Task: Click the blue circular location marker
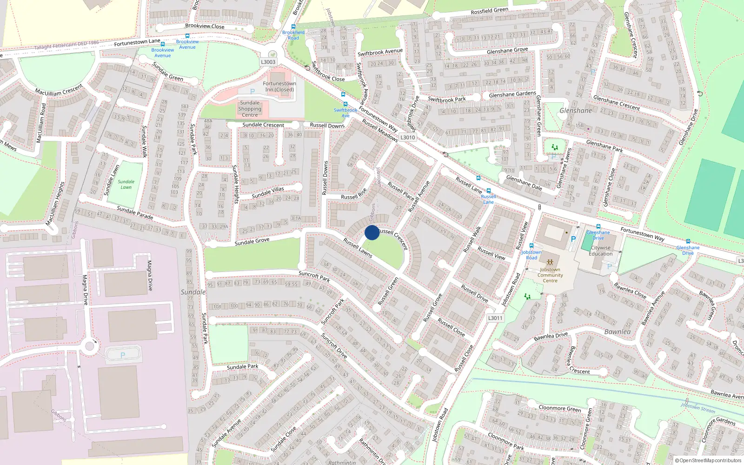372,232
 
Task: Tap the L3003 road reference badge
268,62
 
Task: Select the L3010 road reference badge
407,137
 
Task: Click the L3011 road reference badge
495,318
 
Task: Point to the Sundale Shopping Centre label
250,109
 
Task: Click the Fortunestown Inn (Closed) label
279,86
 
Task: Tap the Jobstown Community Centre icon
550,263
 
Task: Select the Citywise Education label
601,251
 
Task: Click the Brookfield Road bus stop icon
293,27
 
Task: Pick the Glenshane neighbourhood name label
576,111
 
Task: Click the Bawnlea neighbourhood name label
618,332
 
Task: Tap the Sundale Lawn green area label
126,185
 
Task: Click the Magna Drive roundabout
91,346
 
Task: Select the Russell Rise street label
354,194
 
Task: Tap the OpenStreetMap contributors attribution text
708,460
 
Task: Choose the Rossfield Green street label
489,11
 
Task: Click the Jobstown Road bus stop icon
531,246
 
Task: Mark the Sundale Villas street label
268,192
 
